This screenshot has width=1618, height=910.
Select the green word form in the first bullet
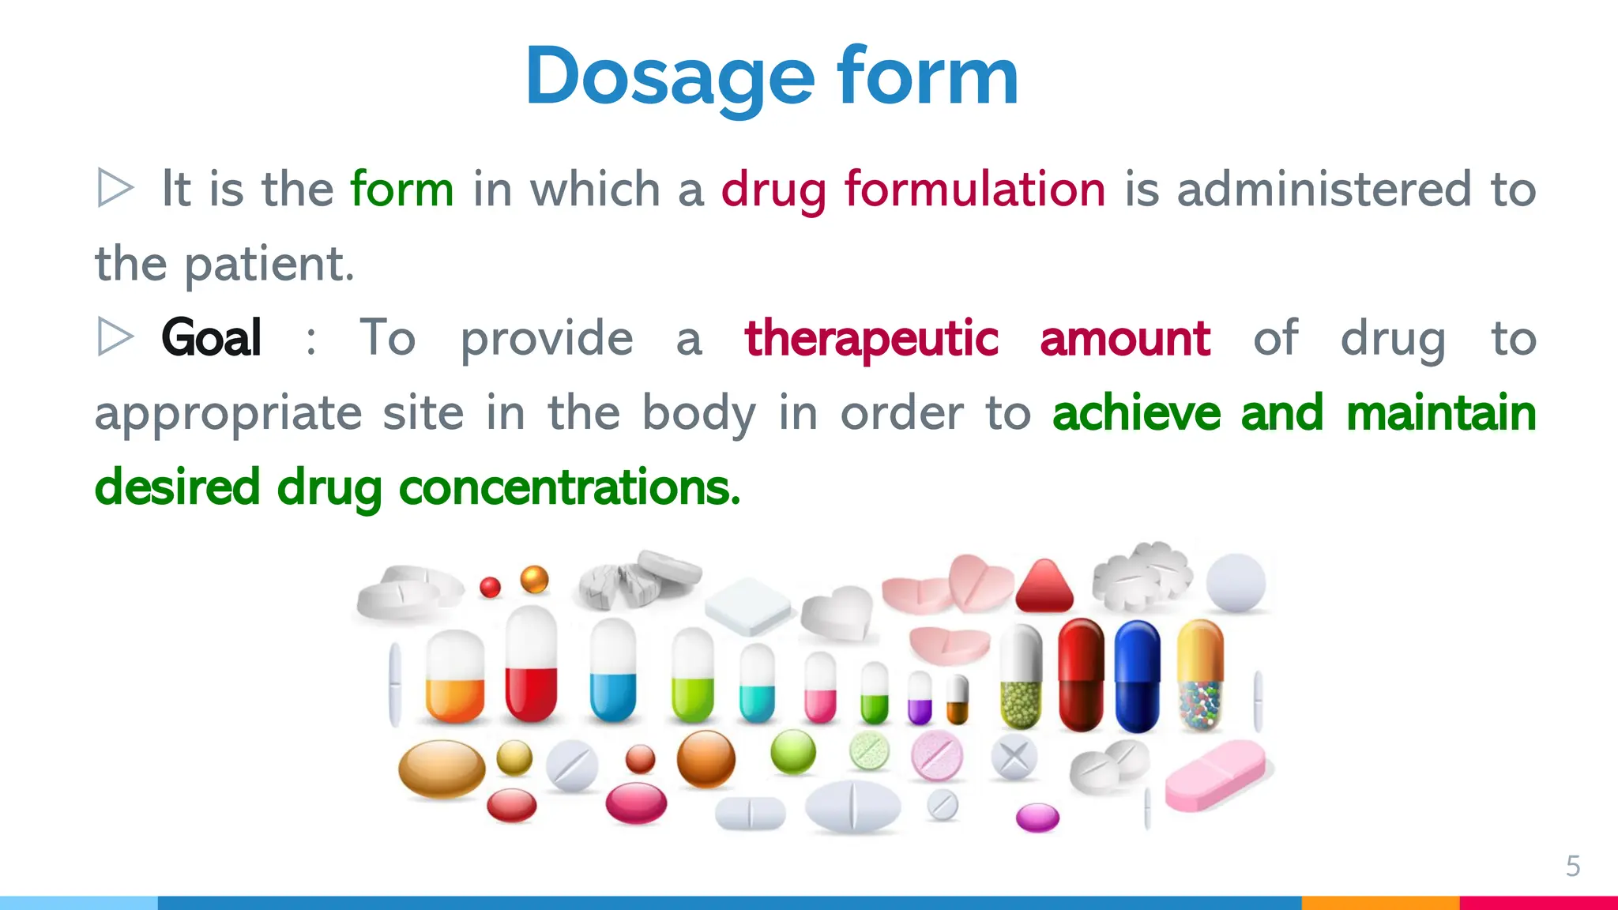click(x=401, y=190)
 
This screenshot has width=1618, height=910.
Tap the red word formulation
click(x=974, y=190)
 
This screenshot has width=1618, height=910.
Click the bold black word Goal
click(x=211, y=338)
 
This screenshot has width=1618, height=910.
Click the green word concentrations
click(x=569, y=487)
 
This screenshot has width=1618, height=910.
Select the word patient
click(x=269, y=264)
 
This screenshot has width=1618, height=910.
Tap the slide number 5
click(x=1572, y=866)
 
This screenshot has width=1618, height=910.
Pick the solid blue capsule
click(x=1137, y=676)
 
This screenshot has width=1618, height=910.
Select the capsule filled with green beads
click(x=1021, y=678)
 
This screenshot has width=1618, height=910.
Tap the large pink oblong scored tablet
click(x=1215, y=775)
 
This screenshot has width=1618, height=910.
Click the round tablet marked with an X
click(x=1014, y=758)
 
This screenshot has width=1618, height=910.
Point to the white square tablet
click(x=747, y=605)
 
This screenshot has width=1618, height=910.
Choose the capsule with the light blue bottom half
click(x=613, y=671)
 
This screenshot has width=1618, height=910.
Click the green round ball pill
click(x=792, y=751)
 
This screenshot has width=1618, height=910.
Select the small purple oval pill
click(x=1037, y=818)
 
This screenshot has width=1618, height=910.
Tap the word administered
click(x=1323, y=190)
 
